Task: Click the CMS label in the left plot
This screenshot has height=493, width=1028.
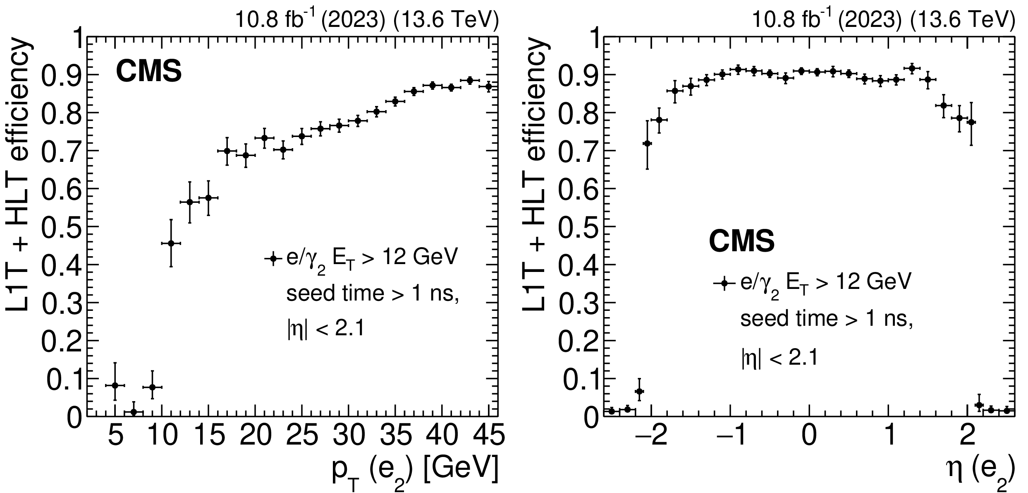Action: tap(149, 71)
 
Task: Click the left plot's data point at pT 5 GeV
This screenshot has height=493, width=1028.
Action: tap(115, 385)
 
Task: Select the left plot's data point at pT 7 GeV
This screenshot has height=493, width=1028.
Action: tap(134, 412)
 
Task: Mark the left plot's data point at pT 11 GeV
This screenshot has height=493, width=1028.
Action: tap(171, 243)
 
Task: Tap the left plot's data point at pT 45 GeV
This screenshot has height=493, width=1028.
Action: tap(489, 87)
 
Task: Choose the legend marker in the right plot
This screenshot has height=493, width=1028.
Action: tap(724, 284)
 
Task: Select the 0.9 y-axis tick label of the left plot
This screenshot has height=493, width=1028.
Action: tap(62, 75)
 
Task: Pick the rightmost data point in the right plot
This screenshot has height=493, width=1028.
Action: tap(1007, 410)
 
